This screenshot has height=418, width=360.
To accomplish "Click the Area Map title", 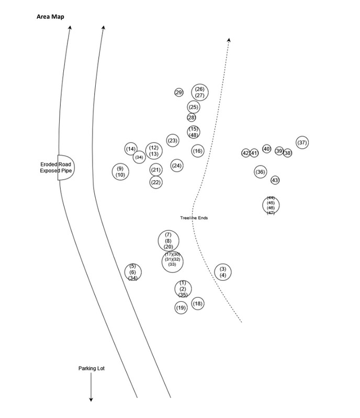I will (51, 16).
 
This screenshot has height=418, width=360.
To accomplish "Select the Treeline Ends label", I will (194, 218).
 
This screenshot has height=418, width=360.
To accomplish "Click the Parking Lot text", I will (92, 368).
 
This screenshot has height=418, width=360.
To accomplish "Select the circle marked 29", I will (178, 93).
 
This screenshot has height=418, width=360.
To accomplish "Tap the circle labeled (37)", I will (302, 142).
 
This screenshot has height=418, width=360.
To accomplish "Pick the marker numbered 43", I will (275, 180).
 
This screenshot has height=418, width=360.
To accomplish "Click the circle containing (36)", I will (260, 172).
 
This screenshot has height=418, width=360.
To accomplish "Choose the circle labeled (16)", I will (197, 151).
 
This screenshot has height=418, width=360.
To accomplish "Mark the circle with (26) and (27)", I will (199, 92).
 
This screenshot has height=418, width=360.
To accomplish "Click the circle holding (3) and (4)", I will (223, 271).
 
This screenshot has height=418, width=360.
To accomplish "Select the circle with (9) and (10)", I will (120, 171).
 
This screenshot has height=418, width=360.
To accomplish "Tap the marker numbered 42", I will (245, 153).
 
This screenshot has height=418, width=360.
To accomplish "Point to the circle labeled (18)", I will (197, 303).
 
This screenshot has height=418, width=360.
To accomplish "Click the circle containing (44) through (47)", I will (271, 205).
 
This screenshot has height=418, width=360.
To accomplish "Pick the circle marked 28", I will (192, 117).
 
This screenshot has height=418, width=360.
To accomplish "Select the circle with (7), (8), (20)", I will (168, 240).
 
